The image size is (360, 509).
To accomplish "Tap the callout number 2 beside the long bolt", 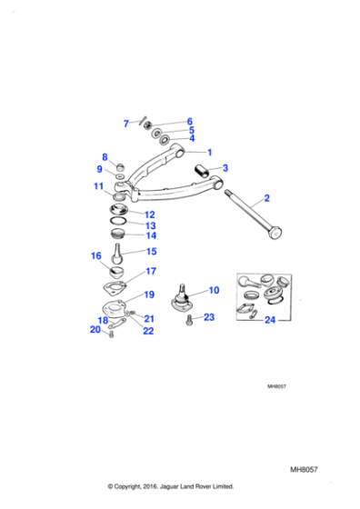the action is click(267, 197).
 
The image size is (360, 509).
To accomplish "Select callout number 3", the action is click(225, 168).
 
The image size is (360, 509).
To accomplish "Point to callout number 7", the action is click(126, 123).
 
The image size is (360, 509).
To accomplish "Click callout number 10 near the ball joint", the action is click(215, 290).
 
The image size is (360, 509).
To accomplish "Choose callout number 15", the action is click(151, 252).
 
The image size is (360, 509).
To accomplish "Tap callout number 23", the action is click(209, 317).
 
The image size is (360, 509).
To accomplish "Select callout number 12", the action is click(150, 215).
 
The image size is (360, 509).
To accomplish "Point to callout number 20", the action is click(95, 329).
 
